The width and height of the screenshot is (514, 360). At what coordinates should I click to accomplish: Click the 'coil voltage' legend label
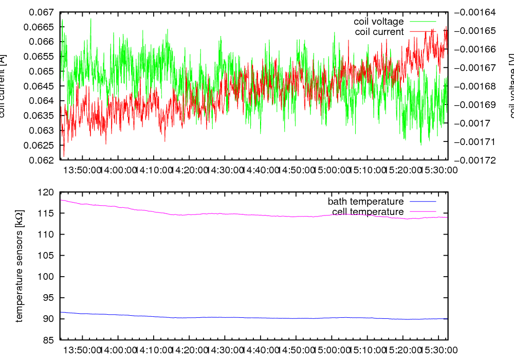(x=378, y=22)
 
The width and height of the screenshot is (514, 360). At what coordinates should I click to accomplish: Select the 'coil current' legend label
(x=379, y=32)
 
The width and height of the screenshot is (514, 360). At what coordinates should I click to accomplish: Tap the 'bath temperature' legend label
(x=365, y=202)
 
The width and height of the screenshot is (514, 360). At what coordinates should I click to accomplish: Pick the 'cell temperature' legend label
(x=368, y=212)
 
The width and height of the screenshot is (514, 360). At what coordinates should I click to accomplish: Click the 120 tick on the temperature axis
(x=47, y=192)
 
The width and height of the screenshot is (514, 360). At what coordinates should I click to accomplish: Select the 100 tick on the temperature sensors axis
(x=47, y=277)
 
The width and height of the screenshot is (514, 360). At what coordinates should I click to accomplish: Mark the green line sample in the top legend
(x=423, y=22)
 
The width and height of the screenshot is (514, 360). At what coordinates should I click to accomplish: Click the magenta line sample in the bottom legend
(x=423, y=212)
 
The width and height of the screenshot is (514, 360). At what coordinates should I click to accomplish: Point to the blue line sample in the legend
(x=423, y=202)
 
